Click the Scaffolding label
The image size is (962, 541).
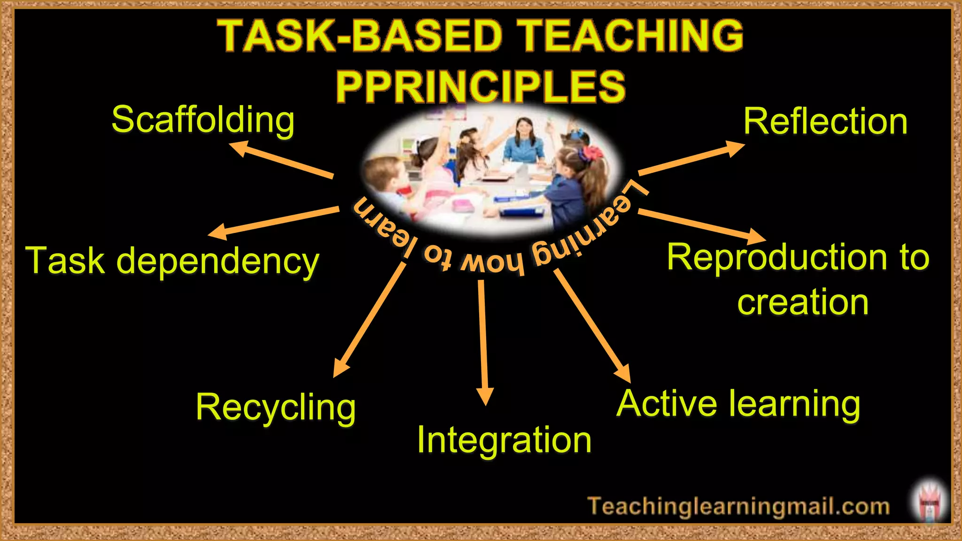[203, 120]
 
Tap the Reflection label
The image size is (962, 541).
[825, 122]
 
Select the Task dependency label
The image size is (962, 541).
[172, 261]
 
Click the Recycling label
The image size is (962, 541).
[276, 407]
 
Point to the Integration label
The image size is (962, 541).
[504, 440]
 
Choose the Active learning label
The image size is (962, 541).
[738, 403]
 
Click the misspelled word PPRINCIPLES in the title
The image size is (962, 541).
[481, 87]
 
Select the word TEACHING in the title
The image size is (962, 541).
[632, 36]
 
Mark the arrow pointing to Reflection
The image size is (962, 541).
[691, 158]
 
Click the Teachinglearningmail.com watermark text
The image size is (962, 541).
[738, 506]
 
